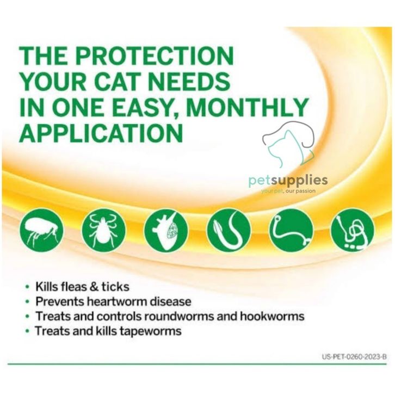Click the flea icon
(41, 230)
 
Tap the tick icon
(103, 230)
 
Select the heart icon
(166, 230)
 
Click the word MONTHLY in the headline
(247, 107)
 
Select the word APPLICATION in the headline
(101, 132)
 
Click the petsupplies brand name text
(288, 181)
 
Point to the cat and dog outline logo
(289, 144)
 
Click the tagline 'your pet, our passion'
(288, 191)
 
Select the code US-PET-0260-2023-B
(354, 357)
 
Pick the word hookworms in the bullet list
(272, 316)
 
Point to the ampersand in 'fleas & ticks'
(94, 287)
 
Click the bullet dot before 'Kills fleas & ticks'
(27, 287)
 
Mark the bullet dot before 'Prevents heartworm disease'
(27, 301)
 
